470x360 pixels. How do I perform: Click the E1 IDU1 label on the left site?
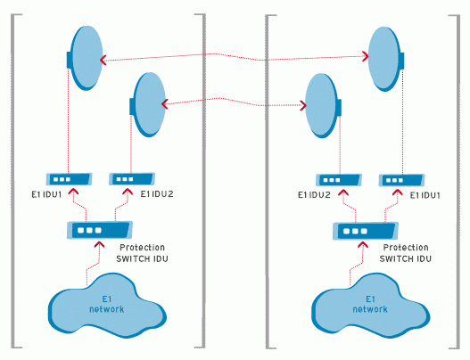click(46, 194)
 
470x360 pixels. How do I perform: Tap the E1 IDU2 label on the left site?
click(157, 194)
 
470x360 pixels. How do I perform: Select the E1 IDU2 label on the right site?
click(314, 195)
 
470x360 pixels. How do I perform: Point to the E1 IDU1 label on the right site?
click(425, 195)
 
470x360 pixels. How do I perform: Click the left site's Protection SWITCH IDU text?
click(142, 253)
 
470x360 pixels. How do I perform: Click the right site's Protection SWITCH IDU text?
click(406, 253)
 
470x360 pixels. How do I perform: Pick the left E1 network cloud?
click(107, 306)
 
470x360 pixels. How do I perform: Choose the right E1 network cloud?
click(370, 306)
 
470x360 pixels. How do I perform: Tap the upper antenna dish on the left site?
click(85, 58)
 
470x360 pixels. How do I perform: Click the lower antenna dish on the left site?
click(148, 104)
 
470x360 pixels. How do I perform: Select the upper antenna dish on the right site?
click(386, 59)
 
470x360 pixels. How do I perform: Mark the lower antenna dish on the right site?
click(323, 106)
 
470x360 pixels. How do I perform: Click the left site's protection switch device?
click(100, 230)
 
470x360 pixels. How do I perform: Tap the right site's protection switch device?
click(366, 231)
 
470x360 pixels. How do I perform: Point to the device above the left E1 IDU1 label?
click(69, 179)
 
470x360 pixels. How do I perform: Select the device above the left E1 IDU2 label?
click(132, 179)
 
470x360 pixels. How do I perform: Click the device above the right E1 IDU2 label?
click(339, 180)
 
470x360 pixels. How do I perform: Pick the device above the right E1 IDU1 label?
click(402, 180)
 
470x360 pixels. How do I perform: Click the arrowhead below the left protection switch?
click(100, 245)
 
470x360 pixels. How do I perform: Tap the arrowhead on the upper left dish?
click(103, 61)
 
